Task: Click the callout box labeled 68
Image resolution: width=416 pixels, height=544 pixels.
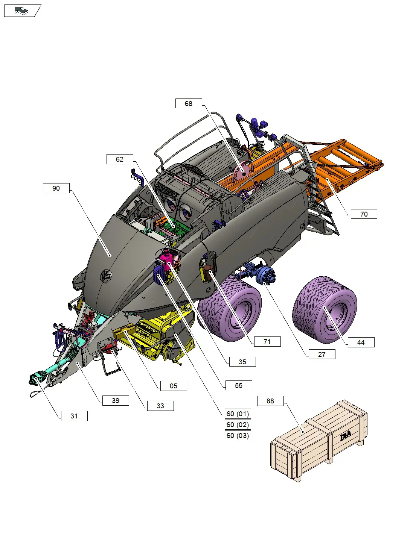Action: coord(189,103)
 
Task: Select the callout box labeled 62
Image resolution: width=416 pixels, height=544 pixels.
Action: coord(120,159)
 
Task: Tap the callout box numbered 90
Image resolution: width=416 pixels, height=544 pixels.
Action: coord(56,188)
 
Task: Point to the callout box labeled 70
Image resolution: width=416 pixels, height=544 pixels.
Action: coord(364,214)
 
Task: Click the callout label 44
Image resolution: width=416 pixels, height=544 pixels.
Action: coord(361,342)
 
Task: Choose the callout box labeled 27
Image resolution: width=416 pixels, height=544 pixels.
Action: coord(322,354)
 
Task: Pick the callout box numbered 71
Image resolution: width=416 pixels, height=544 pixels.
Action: coord(267,341)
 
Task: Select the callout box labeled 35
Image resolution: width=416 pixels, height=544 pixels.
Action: coord(242,362)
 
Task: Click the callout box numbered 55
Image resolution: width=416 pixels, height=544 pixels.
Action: coord(238,385)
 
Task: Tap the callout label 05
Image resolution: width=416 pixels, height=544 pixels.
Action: coord(173,386)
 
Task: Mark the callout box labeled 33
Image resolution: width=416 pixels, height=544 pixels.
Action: coord(160,406)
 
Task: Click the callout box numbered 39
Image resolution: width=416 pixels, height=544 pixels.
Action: coord(116,400)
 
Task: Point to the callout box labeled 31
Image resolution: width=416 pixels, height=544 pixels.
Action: coord(74,416)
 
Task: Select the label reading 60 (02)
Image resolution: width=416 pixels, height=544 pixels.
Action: coord(238,425)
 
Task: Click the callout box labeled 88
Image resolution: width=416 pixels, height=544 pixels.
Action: coord(270,401)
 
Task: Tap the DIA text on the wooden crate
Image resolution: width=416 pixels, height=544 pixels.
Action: coord(345,436)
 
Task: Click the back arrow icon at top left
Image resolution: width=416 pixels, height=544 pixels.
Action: coord(22,11)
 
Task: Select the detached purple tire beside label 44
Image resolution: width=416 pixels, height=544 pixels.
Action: coord(324,309)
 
